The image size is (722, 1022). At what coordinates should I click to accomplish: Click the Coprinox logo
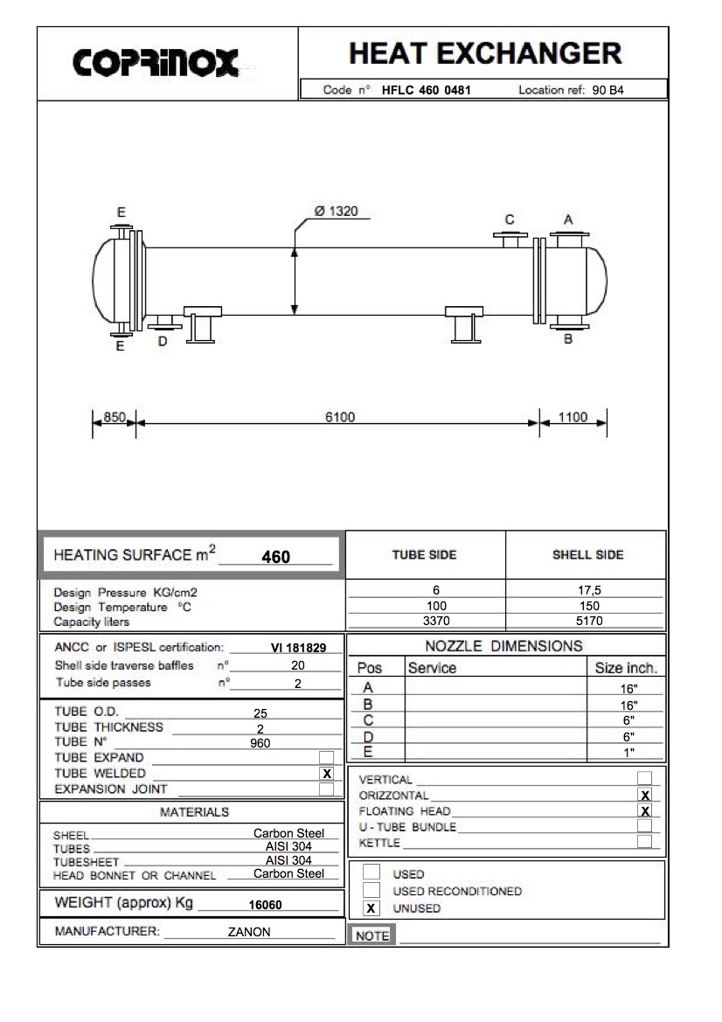155,62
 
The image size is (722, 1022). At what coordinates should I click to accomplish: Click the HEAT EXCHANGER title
484,54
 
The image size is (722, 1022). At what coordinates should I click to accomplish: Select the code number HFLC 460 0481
427,89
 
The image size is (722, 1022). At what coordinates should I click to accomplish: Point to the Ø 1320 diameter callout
335,212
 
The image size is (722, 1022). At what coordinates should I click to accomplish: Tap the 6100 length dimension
340,417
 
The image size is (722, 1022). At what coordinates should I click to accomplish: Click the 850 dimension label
115,417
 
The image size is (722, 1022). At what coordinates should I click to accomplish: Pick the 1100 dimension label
573,417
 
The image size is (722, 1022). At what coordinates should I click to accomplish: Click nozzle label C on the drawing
510,219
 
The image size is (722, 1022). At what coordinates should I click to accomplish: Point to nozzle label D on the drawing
163,342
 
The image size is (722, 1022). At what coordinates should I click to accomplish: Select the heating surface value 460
276,557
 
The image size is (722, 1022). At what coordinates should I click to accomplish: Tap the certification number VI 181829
298,648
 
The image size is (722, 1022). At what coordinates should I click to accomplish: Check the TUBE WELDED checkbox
327,774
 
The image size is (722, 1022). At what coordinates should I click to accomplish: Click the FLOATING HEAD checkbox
644,810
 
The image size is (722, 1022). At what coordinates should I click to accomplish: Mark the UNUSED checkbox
371,908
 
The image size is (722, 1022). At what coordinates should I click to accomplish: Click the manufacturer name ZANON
249,932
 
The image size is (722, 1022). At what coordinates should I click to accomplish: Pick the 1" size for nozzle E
628,752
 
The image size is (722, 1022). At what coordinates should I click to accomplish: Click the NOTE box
372,935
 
